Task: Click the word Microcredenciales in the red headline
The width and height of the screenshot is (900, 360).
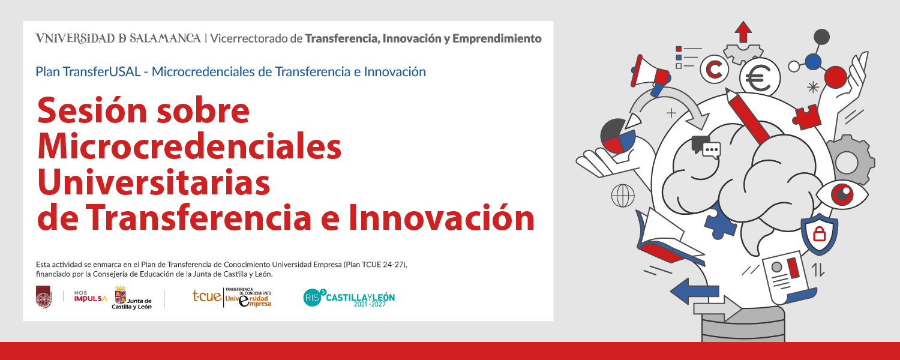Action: (x=189, y=146)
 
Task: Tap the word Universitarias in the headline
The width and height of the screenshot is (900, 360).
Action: (x=154, y=182)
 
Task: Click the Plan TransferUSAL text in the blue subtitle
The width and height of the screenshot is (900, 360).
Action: (x=88, y=72)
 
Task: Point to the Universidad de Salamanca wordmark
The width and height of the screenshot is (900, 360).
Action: (x=118, y=38)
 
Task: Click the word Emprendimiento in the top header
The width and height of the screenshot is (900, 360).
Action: (x=497, y=39)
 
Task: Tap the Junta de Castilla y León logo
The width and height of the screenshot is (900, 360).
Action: (x=132, y=298)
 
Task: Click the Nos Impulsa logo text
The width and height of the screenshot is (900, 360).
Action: (x=91, y=296)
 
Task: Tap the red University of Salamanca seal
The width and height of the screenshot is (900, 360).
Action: (x=43, y=297)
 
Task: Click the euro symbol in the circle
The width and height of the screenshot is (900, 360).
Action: (x=759, y=79)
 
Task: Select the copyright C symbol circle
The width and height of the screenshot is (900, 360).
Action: (x=715, y=70)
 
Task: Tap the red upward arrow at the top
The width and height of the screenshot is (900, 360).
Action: (x=743, y=32)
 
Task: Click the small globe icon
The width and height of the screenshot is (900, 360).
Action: (x=623, y=196)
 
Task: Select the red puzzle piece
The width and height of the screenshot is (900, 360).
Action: (x=807, y=117)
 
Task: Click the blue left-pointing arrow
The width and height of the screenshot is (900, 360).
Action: (x=694, y=291)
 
